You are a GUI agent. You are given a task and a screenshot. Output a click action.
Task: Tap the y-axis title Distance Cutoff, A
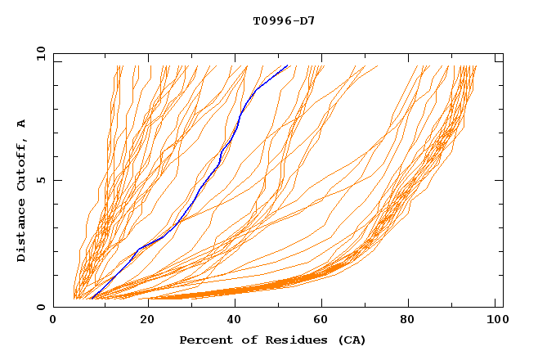point(21,190)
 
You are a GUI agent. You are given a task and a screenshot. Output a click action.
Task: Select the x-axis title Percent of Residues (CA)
point(272,340)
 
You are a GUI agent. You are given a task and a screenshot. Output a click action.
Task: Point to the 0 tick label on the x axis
point(53,321)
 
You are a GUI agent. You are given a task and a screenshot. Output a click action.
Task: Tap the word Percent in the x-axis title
point(204,340)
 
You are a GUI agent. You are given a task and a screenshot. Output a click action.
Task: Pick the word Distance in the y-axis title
point(21,229)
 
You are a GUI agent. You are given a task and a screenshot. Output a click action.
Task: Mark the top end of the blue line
point(287,66)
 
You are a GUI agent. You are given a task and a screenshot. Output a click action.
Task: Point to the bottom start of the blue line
point(92,298)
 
